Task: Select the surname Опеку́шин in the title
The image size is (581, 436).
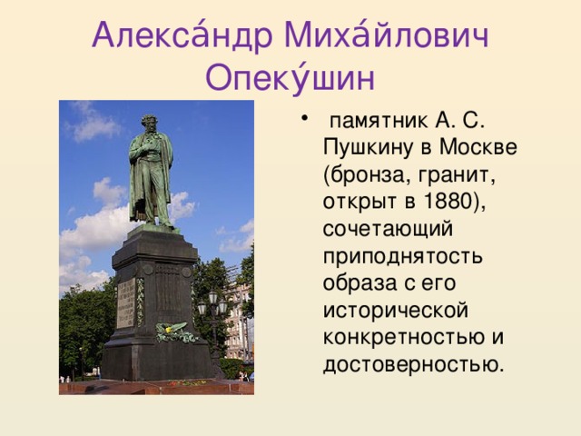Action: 290,78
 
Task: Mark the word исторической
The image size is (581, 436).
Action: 395,312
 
